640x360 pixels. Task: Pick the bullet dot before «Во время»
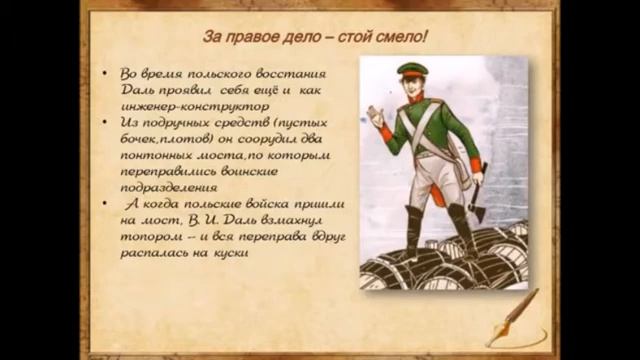point(108,74)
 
